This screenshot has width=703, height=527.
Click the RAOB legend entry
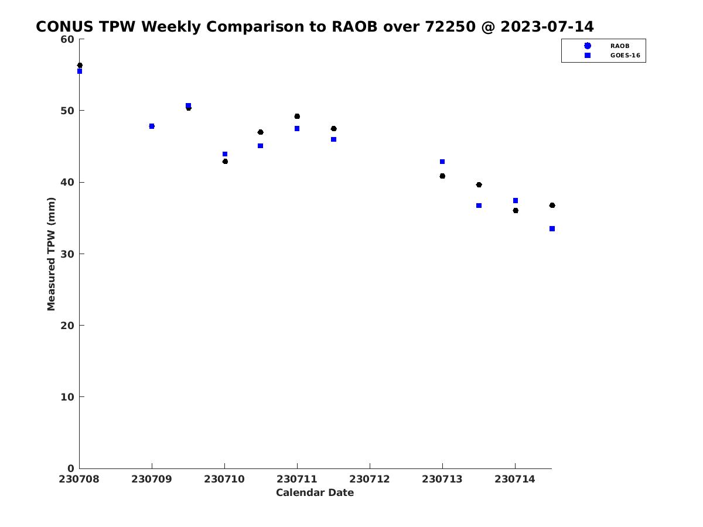pos(619,46)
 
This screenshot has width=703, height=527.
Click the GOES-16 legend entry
pos(625,56)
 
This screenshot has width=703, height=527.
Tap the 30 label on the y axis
pos(67,254)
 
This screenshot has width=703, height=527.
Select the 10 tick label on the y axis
pos(67,397)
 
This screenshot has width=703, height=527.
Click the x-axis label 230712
pos(369,479)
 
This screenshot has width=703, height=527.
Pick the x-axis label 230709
pos(152,479)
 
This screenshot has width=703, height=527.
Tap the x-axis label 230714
pos(515,479)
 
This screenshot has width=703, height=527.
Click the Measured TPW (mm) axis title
pos(51,254)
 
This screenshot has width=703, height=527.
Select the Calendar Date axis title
pos(315,492)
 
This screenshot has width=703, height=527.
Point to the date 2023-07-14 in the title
pos(547,26)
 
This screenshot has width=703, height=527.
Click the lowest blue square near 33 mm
pos(552,228)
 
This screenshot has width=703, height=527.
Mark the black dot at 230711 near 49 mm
pos(297,116)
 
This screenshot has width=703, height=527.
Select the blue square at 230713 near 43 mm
pos(442,162)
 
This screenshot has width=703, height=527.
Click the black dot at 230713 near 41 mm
pos(442,176)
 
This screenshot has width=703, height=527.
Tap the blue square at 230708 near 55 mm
pos(80,71)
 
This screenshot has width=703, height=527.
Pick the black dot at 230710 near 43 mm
pos(225,161)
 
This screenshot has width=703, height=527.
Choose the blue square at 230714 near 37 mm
pos(516,201)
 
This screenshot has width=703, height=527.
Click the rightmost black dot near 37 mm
pos(552,205)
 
